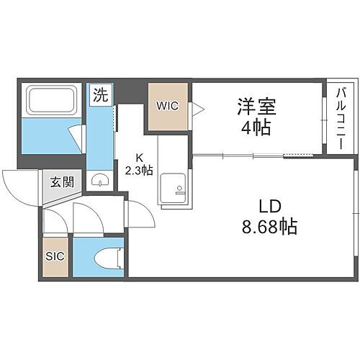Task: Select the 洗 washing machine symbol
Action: [100, 94]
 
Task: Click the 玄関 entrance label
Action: [61, 181]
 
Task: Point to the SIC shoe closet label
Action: [54, 256]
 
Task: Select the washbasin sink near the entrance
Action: [100, 181]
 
